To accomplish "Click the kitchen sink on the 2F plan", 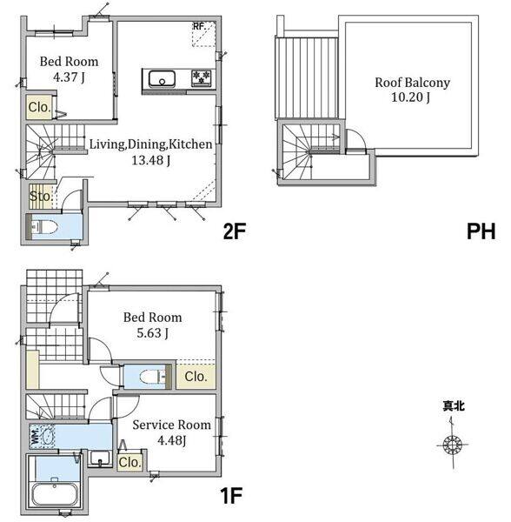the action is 162,79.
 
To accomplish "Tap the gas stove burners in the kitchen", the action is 202,78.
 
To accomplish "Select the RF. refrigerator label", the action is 200,26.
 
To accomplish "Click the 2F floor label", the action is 235,231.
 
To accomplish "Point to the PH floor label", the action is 481,231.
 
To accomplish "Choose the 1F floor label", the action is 230,496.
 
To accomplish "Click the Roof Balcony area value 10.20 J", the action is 410,97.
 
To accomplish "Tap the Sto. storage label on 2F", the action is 41,196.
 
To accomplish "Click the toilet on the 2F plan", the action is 45,227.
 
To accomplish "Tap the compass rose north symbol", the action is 453,444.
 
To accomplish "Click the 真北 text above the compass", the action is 454,405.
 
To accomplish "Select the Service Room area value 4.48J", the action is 171,441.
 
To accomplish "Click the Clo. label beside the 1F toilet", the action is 196,377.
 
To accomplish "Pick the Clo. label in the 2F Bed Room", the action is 40,107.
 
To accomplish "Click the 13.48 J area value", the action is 151,160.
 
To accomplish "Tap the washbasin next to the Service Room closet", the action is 100,458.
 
